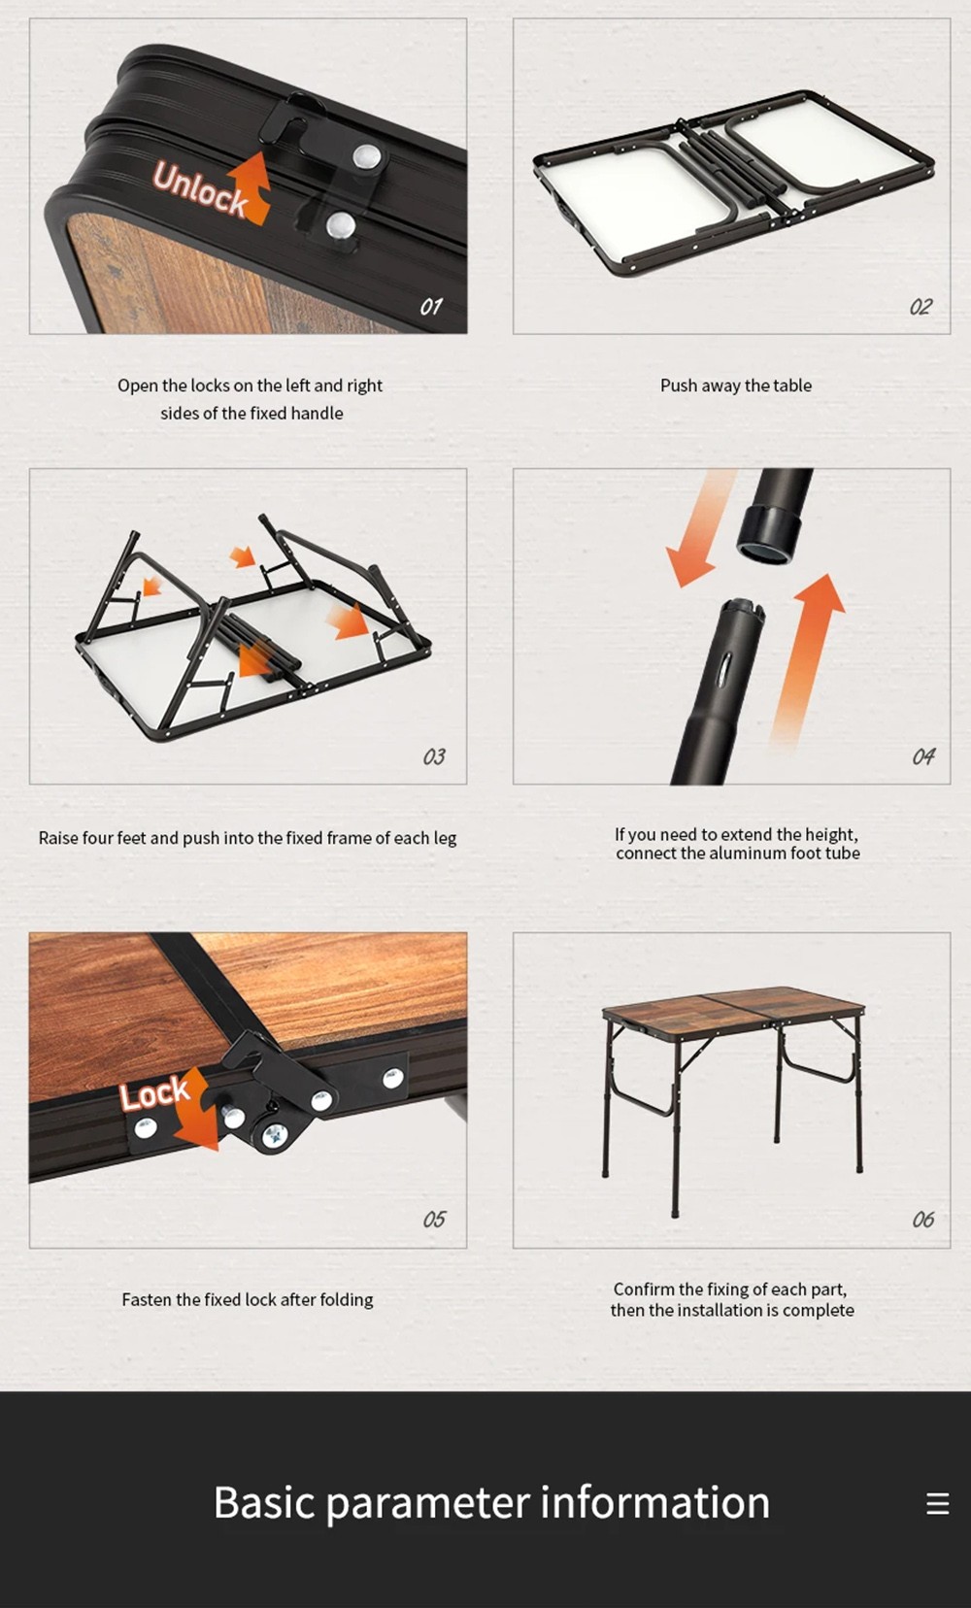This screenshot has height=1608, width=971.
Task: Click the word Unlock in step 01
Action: click(200, 189)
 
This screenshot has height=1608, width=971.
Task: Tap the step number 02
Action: click(921, 307)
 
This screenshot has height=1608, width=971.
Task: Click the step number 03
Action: click(434, 756)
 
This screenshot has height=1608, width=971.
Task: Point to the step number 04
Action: click(923, 756)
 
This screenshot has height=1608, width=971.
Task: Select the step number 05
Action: click(434, 1220)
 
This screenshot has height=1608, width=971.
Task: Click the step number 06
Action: click(923, 1220)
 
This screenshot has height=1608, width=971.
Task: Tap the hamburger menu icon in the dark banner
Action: click(937, 1503)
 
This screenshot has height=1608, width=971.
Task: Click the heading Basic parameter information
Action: click(491, 1502)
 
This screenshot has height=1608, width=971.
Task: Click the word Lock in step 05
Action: click(154, 1093)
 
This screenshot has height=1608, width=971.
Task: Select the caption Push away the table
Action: click(736, 385)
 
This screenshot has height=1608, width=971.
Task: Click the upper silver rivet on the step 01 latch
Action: click(367, 155)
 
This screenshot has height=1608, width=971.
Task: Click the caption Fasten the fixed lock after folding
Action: click(248, 1299)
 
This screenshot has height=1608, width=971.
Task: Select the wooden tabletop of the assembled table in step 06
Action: click(733, 1003)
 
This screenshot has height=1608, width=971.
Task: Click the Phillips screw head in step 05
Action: click(275, 1135)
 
